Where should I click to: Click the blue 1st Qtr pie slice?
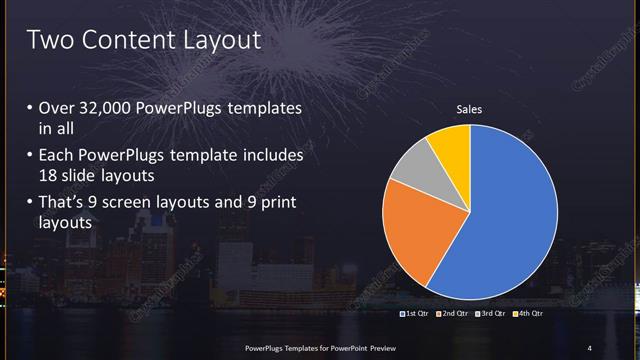510,210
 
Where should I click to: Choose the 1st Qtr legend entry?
414,314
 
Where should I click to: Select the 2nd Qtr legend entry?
453,314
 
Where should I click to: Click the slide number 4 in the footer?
589,347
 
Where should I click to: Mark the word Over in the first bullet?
55,108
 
